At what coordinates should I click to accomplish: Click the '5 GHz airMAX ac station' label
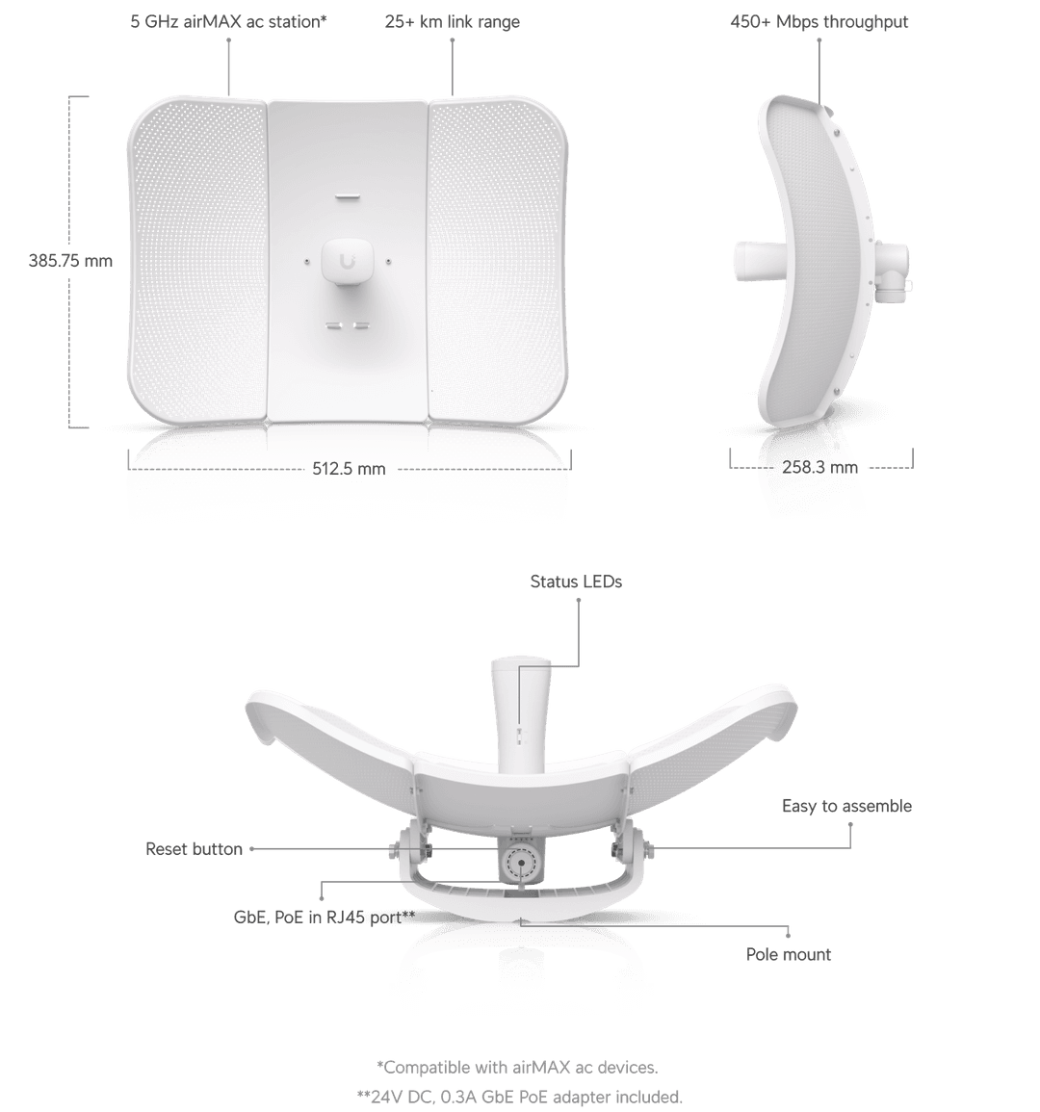(x=228, y=21)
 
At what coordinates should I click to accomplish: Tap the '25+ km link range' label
(x=452, y=21)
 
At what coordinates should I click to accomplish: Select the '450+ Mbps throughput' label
(x=819, y=21)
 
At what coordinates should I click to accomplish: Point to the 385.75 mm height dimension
(x=71, y=260)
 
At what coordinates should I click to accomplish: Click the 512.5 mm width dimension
(x=349, y=469)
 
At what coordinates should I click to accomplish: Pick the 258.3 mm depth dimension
(x=819, y=467)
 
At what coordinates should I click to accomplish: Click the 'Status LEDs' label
(x=576, y=582)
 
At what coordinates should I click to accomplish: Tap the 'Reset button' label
(x=194, y=849)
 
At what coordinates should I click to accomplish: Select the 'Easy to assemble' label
(x=846, y=807)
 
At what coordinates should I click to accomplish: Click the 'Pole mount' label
(x=789, y=955)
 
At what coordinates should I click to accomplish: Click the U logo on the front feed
(x=348, y=259)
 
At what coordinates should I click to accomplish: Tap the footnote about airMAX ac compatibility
(x=519, y=1067)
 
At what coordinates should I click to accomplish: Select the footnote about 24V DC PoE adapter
(x=519, y=1096)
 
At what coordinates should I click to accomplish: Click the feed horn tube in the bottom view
(x=520, y=712)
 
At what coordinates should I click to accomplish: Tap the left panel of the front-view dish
(x=197, y=260)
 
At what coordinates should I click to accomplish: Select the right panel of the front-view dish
(x=499, y=260)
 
